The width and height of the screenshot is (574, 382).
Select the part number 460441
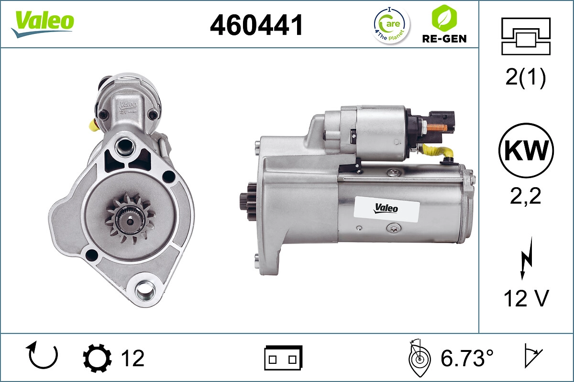tap(257, 25)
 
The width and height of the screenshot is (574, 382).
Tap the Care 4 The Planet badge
tap(391, 25)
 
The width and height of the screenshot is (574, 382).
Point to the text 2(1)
tap(525, 78)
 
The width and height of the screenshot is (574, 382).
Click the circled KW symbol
tap(526, 151)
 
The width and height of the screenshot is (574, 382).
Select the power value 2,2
tap(525, 196)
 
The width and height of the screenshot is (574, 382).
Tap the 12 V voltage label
tap(525, 299)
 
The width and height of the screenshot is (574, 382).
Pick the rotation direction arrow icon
tap(44, 357)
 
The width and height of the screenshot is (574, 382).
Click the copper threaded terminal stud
tap(436, 127)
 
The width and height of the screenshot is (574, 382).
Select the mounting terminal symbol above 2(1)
tap(525, 36)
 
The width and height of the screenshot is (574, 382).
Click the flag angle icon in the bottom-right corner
tap(532, 357)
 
